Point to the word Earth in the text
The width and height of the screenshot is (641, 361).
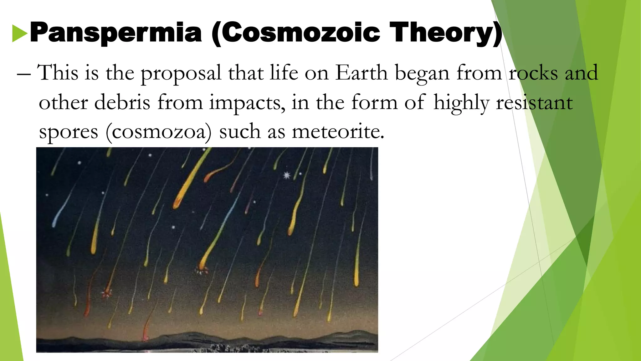point(362,73)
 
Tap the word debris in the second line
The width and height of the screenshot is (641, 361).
point(122,102)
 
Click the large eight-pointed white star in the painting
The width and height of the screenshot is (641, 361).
point(287,175)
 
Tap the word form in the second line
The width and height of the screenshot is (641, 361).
point(374,102)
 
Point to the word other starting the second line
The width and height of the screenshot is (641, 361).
point(63,102)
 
